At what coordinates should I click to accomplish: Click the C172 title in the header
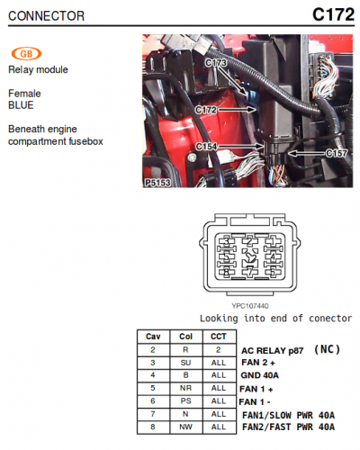pos(333,14)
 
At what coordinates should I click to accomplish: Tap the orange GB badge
pos(26,54)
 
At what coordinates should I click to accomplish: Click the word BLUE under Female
pos(21,105)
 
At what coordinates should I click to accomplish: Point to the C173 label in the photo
pos(216,62)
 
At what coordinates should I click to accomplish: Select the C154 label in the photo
pos(206,147)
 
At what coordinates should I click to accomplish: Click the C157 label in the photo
pos(337,154)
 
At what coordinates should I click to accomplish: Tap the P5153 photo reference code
pos(157,183)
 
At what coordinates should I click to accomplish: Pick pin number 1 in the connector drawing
pos(273,241)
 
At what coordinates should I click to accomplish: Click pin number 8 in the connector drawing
pos(227,272)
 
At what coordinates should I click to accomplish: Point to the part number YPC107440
pos(250,306)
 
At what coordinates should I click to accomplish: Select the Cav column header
pos(153,337)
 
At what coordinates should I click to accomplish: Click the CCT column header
pos(219,337)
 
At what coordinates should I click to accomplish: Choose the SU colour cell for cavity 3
pos(185,363)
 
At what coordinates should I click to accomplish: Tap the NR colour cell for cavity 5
pos(185,388)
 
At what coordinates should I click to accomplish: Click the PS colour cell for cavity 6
pos(185,401)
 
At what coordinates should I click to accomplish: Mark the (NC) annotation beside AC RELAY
pos(327,349)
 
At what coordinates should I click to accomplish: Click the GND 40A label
pos(260,375)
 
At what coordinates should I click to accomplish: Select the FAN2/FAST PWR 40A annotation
pos(288,427)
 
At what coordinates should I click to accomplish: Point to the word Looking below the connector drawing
pos(219,319)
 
